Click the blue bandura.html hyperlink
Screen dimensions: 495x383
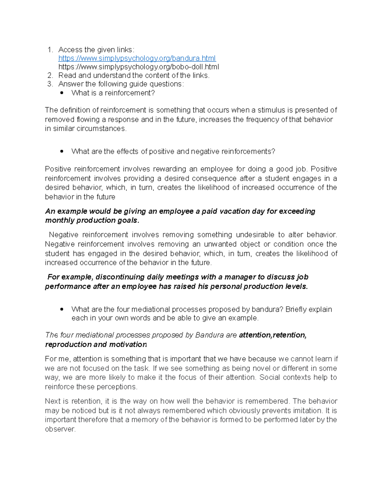coord(137,58)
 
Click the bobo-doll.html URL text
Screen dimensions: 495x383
coord(139,67)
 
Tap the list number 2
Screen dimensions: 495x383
coord(50,76)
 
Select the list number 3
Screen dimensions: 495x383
coord(50,84)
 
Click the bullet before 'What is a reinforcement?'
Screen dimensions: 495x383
coord(62,93)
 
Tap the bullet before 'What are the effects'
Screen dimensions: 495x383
coord(62,151)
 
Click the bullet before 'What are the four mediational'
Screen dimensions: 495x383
coord(62,309)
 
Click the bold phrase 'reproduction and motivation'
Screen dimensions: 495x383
coord(96,345)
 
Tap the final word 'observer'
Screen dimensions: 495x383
coord(60,429)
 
